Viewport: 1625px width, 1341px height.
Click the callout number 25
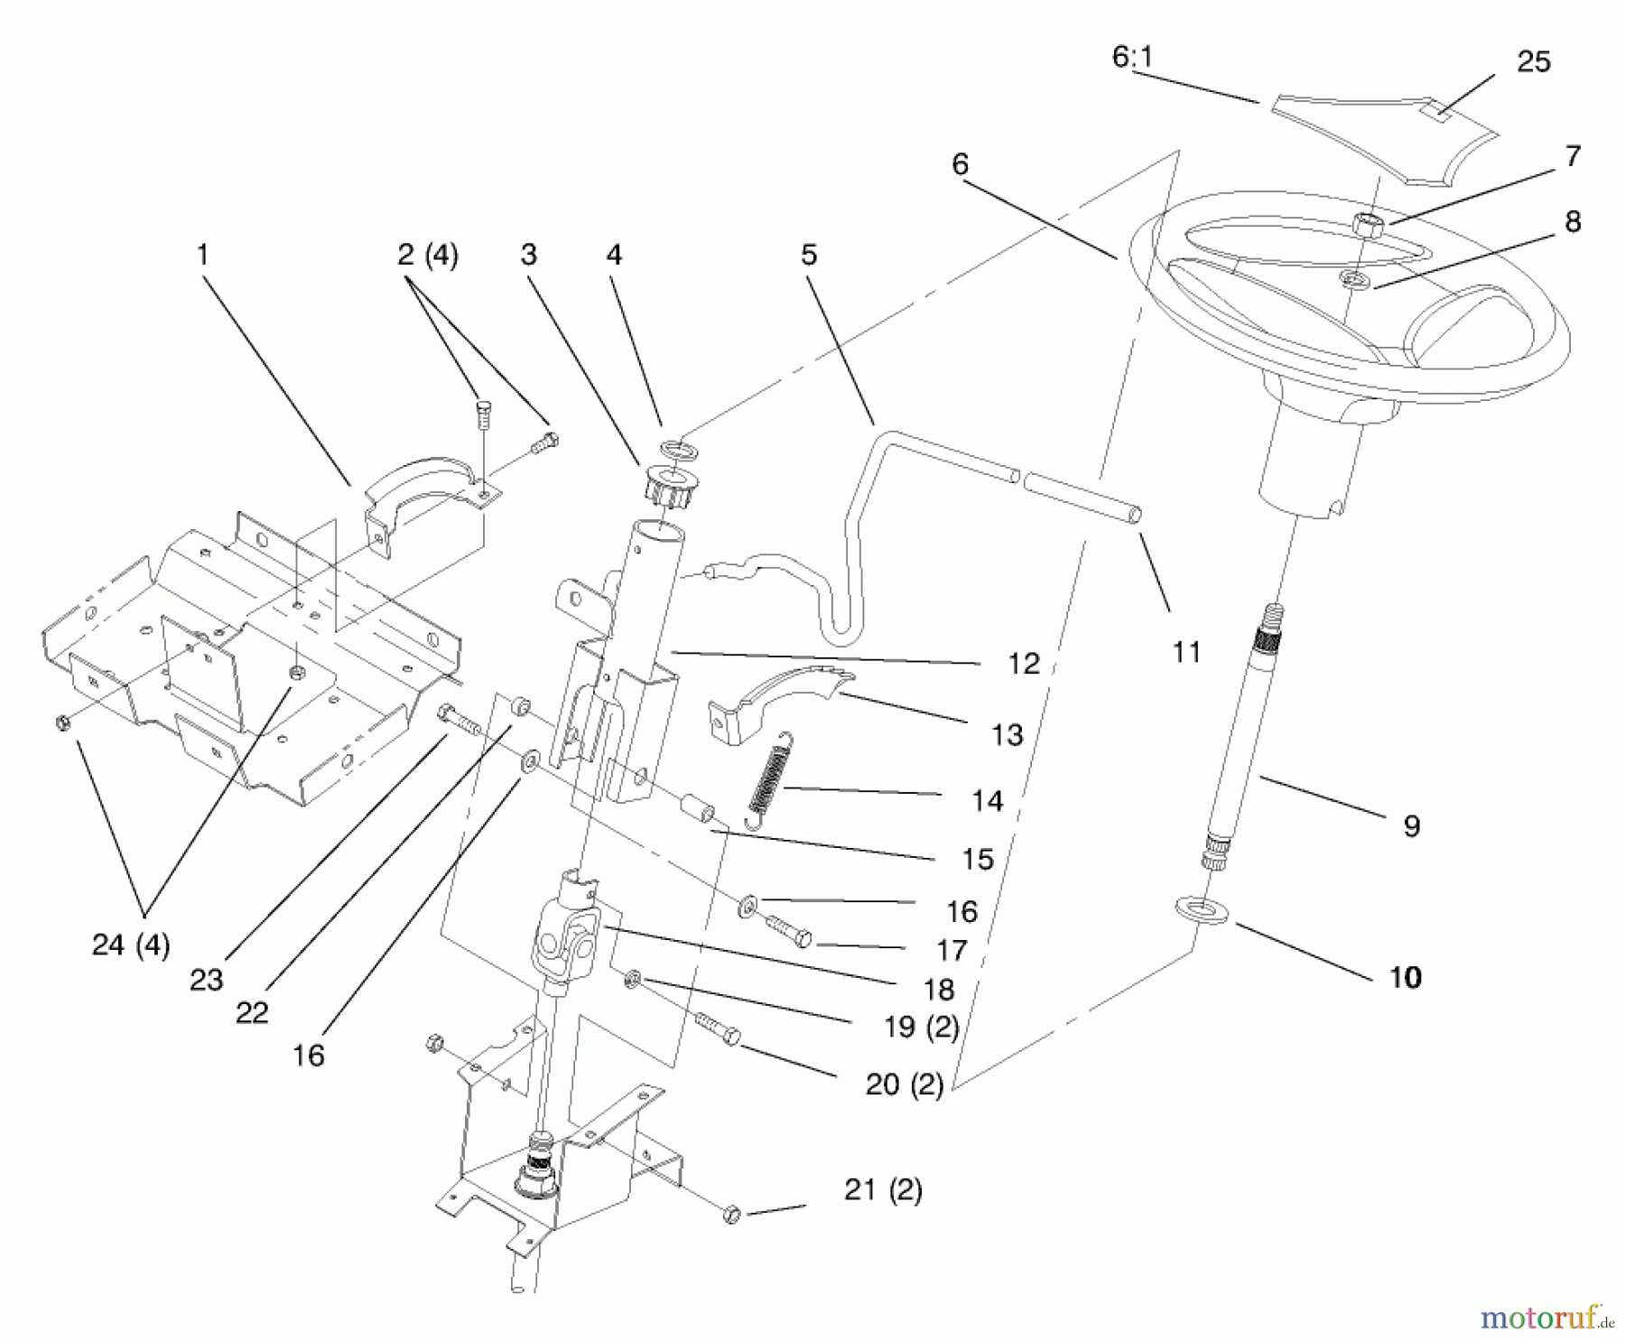click(x=1533, y=62)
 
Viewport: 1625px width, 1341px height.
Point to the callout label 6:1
click(x=1132, y=58)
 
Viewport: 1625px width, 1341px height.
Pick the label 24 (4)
click(x=131, y=945)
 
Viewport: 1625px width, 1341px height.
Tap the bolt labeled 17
click(x=789, y=931)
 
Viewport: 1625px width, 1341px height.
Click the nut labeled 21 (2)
click(x=732, y=1215)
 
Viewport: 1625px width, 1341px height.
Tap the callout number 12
click(x=1023, y=665)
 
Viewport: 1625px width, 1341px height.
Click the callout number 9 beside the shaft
click(x=1411, y=825)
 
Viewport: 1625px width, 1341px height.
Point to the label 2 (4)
click(x=427, y=256)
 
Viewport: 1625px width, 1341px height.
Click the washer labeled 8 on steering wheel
click(x=1353, y=278)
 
